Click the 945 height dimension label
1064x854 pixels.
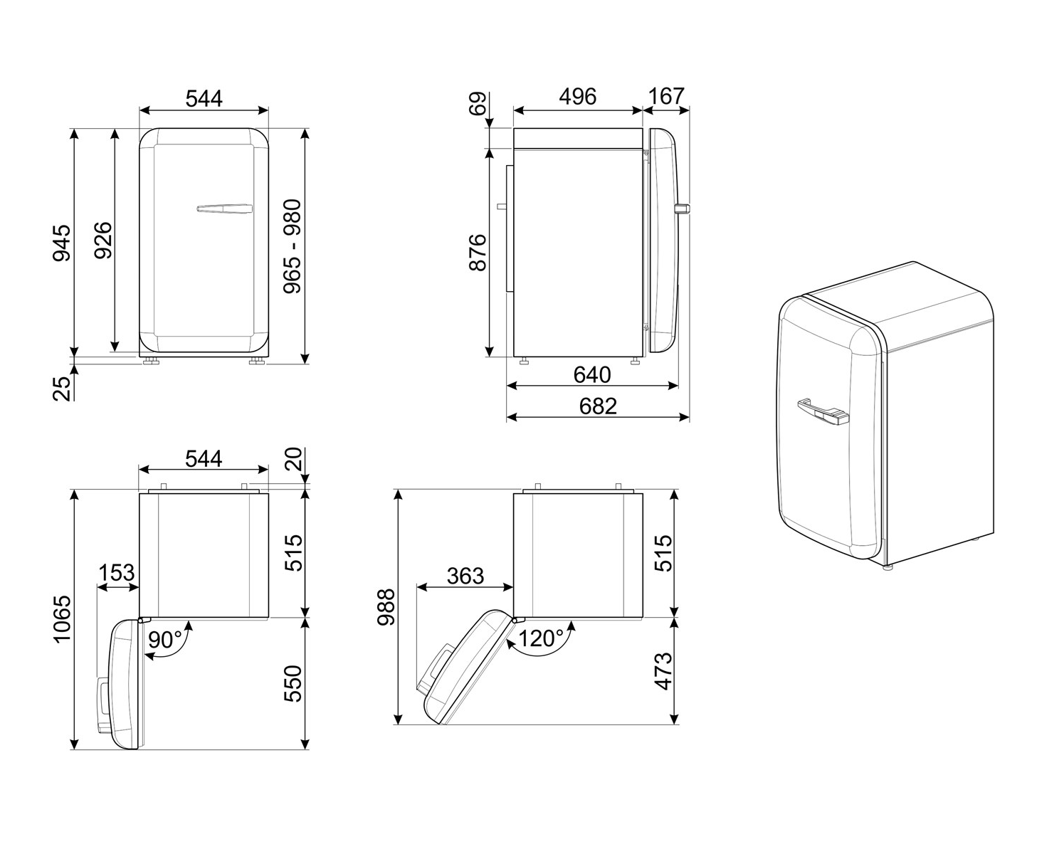63,242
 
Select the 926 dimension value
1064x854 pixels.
103,241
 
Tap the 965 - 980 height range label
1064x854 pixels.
292,246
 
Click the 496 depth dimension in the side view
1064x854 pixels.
577,97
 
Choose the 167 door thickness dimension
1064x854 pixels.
666,96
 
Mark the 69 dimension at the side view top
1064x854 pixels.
478,104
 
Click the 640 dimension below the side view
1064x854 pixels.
591,374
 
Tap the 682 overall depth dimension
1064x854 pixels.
598,406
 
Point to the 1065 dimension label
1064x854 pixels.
63,619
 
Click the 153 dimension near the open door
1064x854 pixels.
117,573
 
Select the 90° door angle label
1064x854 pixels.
165,640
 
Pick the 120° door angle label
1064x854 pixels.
541,638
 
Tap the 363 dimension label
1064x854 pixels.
465,575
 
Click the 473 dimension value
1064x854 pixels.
663,670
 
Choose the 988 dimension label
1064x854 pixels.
386,607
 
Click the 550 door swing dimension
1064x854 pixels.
292,683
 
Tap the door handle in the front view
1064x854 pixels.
224,209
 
